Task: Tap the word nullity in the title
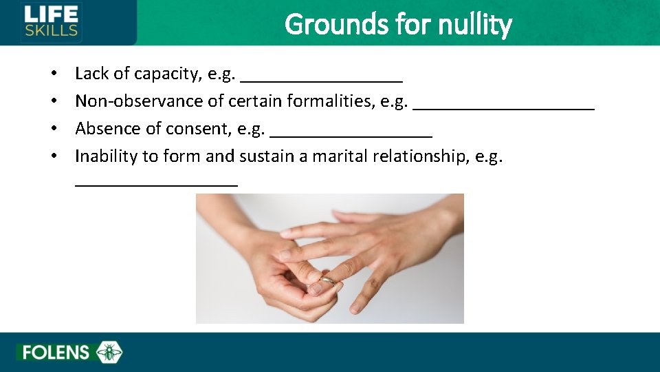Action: point(477,25)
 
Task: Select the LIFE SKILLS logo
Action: point(52,21)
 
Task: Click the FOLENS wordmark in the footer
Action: point(56,353)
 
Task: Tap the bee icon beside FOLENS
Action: point(109,353)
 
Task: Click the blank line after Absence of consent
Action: point(351,133)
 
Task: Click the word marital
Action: point(340,156)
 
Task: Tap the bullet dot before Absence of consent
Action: point(53,130)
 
